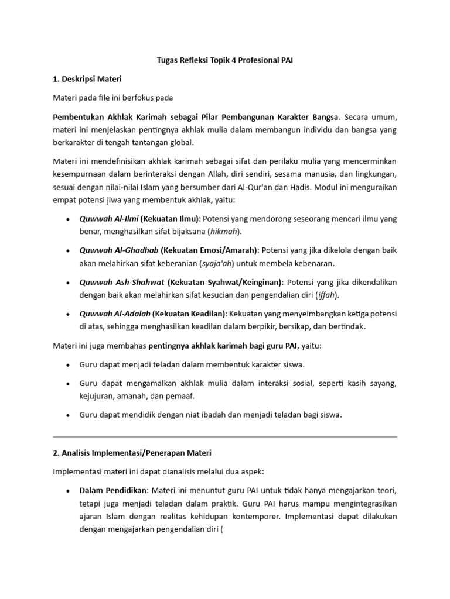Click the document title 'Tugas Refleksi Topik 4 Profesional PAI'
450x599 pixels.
click(x=225, y=60)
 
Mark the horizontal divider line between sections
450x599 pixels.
click(x=225, y=436)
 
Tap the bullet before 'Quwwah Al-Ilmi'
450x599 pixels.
click(x=70, y=219)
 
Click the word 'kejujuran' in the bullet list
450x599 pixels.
click(x=98, y=396)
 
